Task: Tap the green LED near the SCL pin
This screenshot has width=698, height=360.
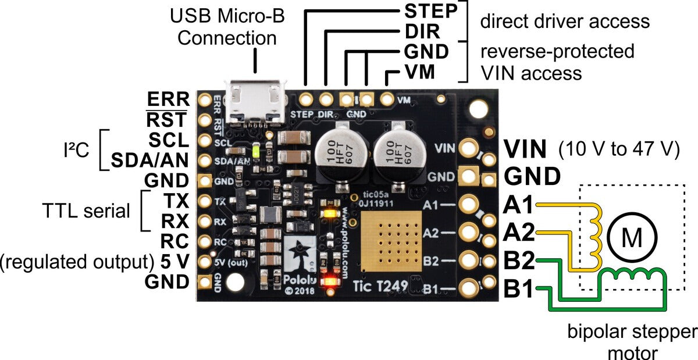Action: [x=257, y=152]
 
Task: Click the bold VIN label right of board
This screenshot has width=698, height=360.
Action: [x=525, y=149]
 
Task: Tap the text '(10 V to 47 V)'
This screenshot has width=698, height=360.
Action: [x=619, y=149]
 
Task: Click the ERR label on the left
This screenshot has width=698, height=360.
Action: [x=168, y=99]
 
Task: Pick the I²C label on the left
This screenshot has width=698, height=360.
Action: [x=76, y=150]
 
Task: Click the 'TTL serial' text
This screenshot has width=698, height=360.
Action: [x=86, y=211]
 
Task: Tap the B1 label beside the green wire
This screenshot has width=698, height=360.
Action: [x=519, y=288]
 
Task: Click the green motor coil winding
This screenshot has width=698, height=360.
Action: [x=632, y=276]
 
